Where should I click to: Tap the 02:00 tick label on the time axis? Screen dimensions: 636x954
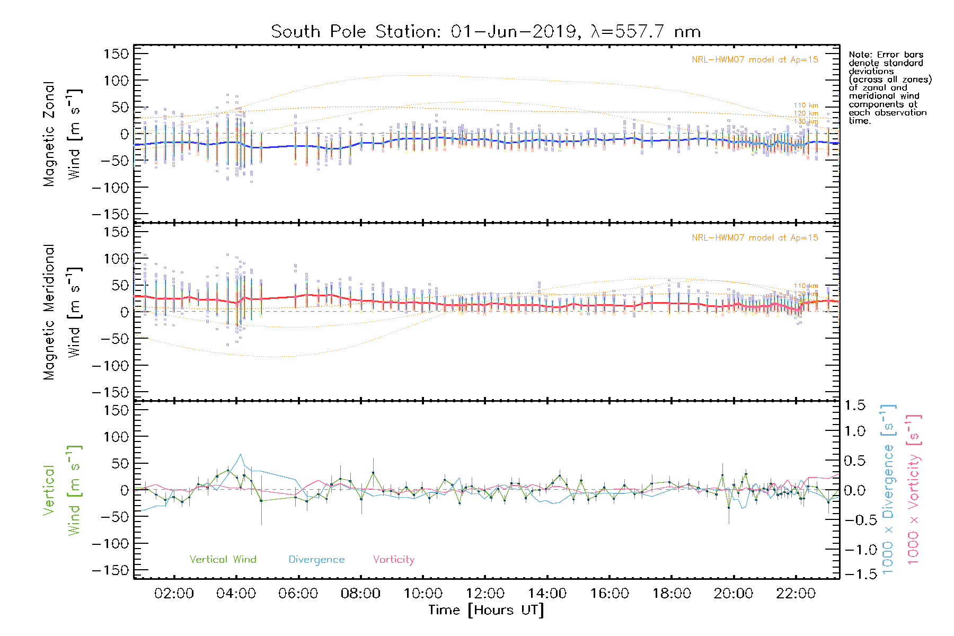[174, 593]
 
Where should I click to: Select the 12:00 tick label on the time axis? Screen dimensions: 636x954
[485, 593]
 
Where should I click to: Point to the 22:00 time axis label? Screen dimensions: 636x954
[796, 593]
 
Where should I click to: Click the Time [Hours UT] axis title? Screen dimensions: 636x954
[485, 610]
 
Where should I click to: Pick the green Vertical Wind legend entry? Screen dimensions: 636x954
[223, 559]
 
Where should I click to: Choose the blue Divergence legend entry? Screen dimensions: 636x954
[316, 559]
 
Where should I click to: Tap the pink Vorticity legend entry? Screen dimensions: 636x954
[393, 559]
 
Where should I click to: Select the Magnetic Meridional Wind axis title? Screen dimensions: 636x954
[62, 312]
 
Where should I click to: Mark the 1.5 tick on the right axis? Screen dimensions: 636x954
[854, 405]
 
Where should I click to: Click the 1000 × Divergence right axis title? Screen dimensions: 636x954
[888, 490]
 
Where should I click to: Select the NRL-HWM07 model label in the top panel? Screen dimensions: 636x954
[755, 60]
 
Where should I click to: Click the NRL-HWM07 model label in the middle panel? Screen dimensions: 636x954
[755, 238]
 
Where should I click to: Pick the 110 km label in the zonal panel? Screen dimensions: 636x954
[806, 105]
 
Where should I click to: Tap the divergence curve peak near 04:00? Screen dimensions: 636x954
[241, 454]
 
